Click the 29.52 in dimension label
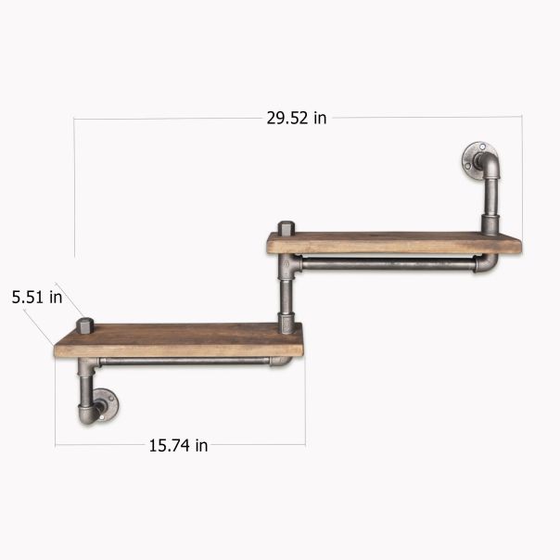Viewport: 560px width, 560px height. [x=296, y=117]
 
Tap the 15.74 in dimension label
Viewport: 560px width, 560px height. [x=178, y=445]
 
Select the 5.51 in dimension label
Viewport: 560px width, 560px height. [x=37, y=298]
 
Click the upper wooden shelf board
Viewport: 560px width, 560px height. [x=393, y=243]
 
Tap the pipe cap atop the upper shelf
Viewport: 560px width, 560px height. [x=286, y=228]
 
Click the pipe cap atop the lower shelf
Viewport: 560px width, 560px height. [x=87, y=325]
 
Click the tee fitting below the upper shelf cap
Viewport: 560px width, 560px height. [x=287, y=267]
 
